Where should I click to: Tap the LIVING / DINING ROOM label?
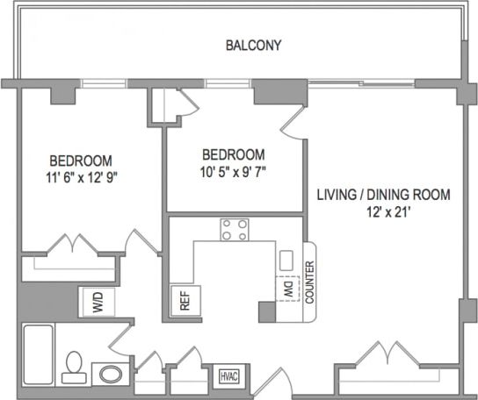(383, 195)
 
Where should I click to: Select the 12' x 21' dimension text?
(383, 211)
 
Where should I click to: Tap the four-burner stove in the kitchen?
(234, 230)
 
